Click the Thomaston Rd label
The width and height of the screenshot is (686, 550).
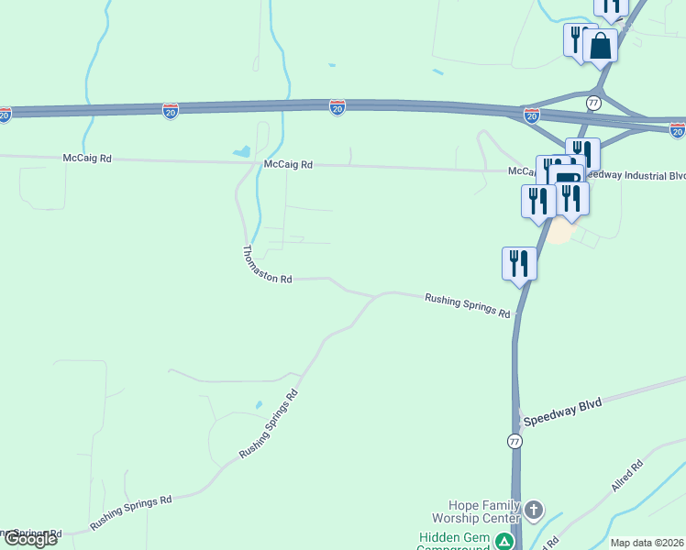(x=267, y=264)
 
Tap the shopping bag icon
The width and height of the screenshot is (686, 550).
(x=600, y=45)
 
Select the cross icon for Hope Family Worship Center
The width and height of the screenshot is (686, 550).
(x=534, y=510)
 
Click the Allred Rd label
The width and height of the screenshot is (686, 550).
(x=627, y=478)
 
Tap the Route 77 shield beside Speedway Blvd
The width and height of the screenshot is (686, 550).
(x=514, y=442)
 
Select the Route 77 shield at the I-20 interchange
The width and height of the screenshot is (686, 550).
(x=594, y=102)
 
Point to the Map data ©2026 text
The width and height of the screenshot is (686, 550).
(x=647, y=543)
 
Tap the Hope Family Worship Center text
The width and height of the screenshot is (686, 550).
(x=483, y=511)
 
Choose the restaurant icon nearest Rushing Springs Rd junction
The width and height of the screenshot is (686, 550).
(x=519, y=263)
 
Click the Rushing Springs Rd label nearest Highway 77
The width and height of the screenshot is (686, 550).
(x=468, y=305)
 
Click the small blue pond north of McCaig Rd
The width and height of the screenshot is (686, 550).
(x=242, y=151)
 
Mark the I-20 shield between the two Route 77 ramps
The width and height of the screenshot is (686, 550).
(x=532, y=115)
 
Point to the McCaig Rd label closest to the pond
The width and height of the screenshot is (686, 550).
(x=288, y=165)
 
